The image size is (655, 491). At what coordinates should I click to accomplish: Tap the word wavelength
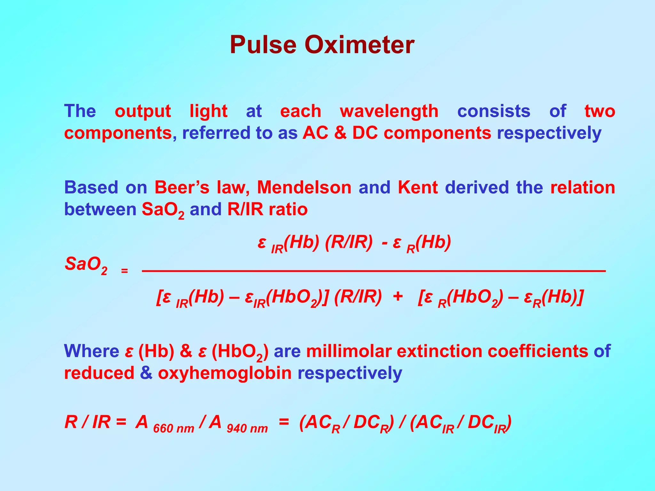point(389,111)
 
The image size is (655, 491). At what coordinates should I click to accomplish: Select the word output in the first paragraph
point(143,111)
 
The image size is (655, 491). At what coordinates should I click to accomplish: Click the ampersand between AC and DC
point(340,133)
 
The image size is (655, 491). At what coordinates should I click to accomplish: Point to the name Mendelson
point(304,187)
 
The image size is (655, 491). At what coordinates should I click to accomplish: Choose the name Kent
point(418,187)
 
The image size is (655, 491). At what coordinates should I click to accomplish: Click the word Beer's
point(182,187)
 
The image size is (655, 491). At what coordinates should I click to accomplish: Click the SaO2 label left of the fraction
point(86,265)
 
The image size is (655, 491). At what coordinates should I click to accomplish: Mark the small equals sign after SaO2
point(124,271)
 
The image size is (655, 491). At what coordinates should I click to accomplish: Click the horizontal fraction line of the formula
point(374,271)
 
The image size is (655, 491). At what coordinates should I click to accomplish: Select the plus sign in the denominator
point(398,296)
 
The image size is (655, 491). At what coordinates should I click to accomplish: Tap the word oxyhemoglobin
point(225,373)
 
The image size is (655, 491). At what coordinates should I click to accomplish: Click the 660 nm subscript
point(174,428)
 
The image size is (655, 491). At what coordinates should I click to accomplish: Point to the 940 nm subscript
point(247,428)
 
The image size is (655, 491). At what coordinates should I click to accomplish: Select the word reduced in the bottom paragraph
point(99,373)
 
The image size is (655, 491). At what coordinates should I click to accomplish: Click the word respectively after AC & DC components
point(549,133)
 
